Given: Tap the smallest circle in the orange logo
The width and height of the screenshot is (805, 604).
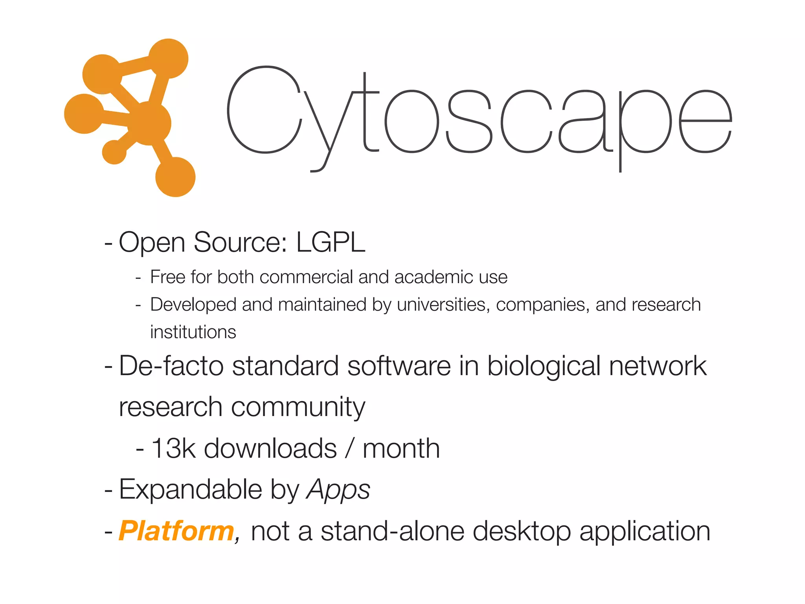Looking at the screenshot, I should click(x=114, y=152).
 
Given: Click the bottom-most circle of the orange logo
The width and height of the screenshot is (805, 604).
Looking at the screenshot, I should click(x=175, y=177).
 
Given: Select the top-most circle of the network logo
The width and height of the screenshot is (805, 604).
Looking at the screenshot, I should click(x=168, y=59).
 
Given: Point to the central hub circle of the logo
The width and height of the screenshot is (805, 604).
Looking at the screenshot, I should click(x=149, y=123).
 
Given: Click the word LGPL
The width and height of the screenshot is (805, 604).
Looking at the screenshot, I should click(x=331, y=242).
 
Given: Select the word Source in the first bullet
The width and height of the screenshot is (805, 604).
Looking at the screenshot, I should click(x=240, y=242).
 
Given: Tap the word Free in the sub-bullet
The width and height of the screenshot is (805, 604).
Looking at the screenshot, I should click(x=167, y=277).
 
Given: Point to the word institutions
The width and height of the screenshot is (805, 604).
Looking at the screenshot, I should click(x=193, y=332).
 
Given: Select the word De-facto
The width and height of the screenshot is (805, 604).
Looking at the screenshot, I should click(x=171, y=366).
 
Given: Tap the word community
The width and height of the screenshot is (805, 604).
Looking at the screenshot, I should click(x=298, y=407).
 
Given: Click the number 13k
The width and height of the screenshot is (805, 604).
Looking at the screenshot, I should click(x=173, y=448).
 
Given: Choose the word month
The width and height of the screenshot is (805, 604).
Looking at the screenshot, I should click(x=401, y=448).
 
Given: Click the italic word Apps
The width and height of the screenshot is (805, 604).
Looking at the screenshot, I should click(x=338, y=490).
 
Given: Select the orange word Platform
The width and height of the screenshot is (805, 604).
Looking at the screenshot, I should click(x=176, y=531).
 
